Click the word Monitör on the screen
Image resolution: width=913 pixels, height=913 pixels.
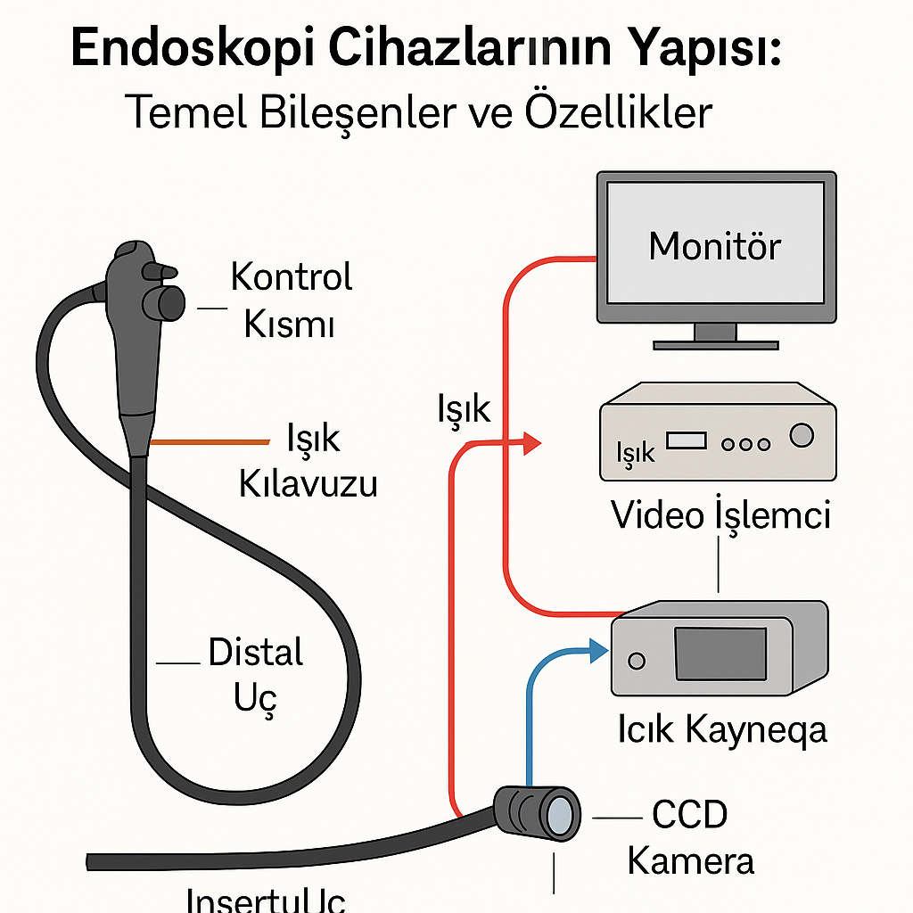[714, 245]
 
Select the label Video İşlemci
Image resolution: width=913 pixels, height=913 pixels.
[720, 515]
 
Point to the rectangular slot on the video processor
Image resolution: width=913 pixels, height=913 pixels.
[686, 440]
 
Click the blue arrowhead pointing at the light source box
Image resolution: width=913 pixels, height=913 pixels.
[596, 650]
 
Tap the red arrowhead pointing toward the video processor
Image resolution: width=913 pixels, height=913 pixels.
[532, 441]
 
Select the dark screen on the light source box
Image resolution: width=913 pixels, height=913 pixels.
[720, 654]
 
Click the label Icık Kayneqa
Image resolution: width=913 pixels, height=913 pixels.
[721, 730]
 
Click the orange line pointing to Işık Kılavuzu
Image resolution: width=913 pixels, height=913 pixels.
[209, 442]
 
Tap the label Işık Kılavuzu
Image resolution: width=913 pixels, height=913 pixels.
[308, 462]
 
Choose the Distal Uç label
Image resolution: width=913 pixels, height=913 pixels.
[256, 673]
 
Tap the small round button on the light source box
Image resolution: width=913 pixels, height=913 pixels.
[636, 662]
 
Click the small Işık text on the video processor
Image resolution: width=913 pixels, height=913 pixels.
[635, 452]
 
